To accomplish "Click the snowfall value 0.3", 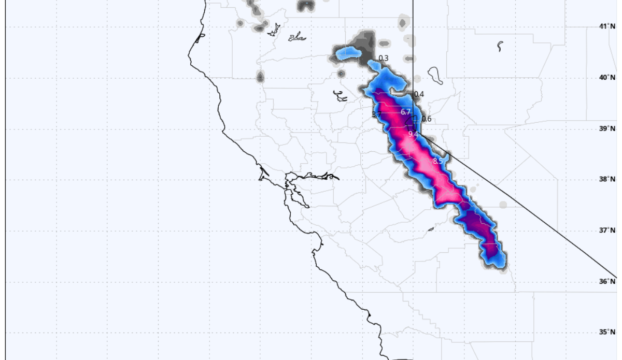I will [384, 58].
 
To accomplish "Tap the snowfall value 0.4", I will [419, 94].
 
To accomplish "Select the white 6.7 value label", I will [405, 112].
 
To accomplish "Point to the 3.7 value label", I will [377, 114].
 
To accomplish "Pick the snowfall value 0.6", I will [426, 119].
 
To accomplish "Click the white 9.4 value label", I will [413, 134].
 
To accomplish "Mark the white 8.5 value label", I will [437, 161].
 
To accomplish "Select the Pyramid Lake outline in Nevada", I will [434, 76].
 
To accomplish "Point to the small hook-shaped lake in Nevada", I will [499, 46].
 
